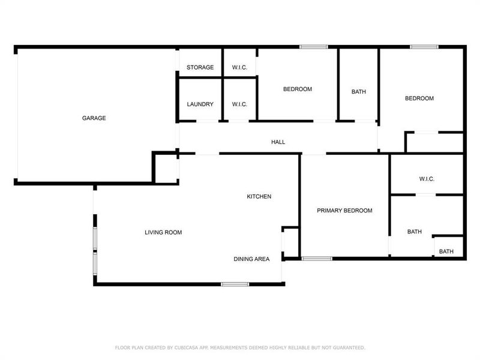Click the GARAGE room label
(x=94, y=118)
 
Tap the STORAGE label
(x=200, y=67)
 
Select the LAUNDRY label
(x=200, y=104)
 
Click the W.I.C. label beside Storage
(x=239, y=67)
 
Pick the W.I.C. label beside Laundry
(x=239, y=104)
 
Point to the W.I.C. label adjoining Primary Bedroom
(x=427, y=179)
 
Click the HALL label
(x=278, y=142)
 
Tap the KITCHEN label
(x=259, y=196)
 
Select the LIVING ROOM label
(x=163, y=232)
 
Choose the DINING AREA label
(x=251, y=259)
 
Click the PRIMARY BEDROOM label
(x=344, y=211)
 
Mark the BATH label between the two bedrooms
(x=359, y=92)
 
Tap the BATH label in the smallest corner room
(x=446, y=251)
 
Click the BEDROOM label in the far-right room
(x=419, y=98)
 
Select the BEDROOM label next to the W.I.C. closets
(x=298, y=89)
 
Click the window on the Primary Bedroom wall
(x=317, y=259)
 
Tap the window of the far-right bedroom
(x=424, y=47)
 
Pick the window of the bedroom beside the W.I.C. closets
(x=314, y=47)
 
